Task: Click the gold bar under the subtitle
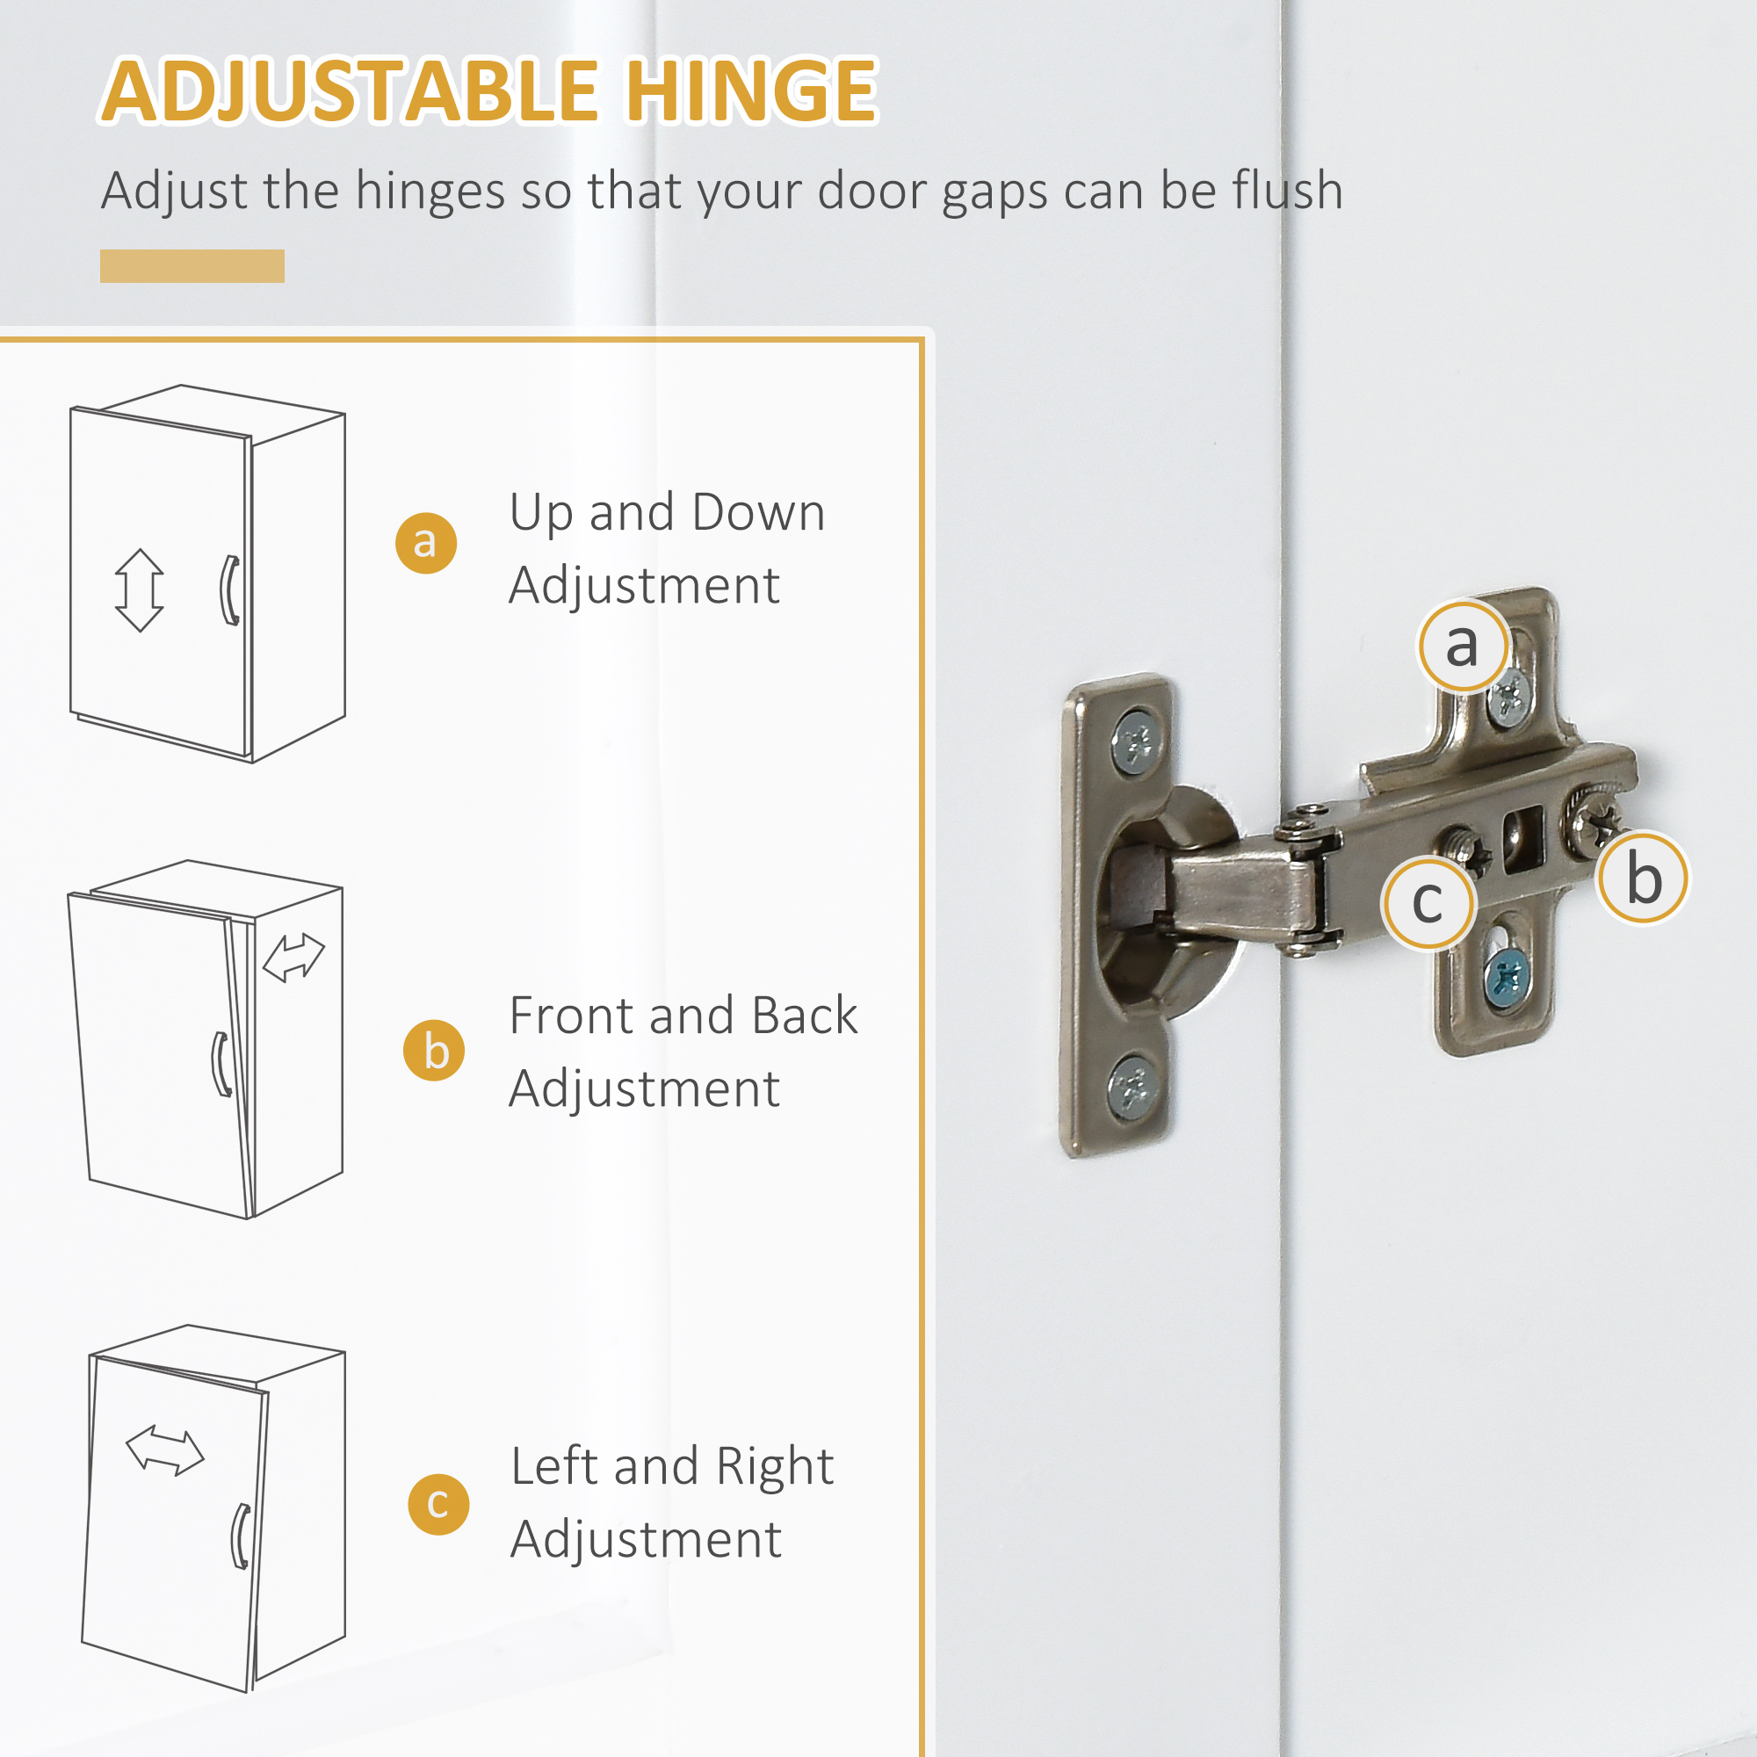(192, 265)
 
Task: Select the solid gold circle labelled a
(425, 543)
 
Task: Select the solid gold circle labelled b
(434, 1051)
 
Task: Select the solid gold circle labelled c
(438, 1504)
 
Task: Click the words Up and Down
(667, 512)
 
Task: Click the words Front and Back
(683, 1015)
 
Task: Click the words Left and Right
(671, 1466)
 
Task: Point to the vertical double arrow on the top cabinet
(139, 590)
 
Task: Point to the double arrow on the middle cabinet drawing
(293, 958)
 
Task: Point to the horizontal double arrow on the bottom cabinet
(164, 1450)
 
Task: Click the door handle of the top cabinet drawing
(231, 590)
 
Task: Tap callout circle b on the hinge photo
(1644, 878)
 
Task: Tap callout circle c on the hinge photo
(1428, 903)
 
